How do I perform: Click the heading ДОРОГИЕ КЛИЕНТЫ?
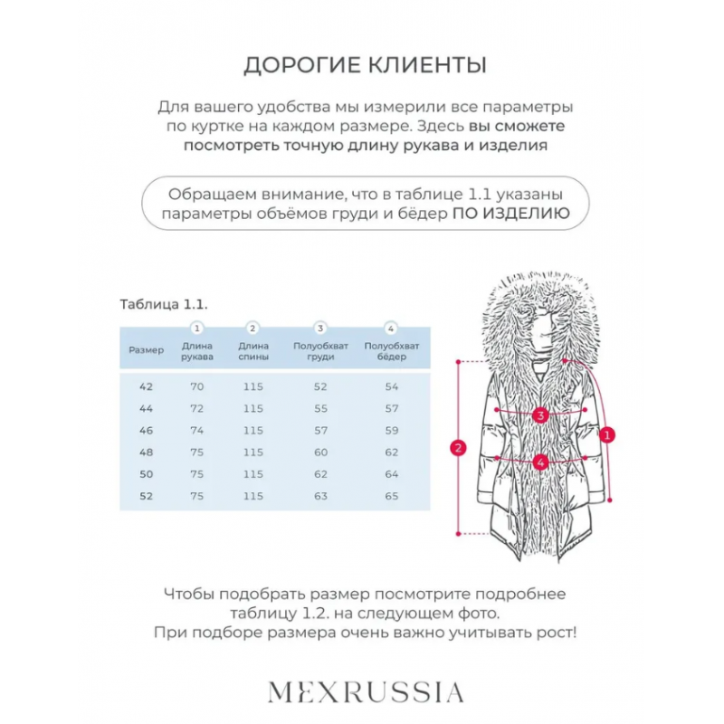[365, 65]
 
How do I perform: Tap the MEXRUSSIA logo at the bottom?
[366, 692]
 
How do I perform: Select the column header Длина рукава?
[197, 351]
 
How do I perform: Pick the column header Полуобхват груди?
[320, 351]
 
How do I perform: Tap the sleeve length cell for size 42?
[197, 386]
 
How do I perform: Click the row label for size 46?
[147, 430]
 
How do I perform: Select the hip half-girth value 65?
[391, 496]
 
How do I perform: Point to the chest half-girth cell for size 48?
[320, 452]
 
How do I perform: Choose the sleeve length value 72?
[197, 408]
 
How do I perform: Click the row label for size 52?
[147, 496]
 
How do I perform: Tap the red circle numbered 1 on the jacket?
[608, 434]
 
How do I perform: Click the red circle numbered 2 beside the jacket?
[459, 447]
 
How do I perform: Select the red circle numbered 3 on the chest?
[540, 415]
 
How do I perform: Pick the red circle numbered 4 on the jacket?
[540, 462]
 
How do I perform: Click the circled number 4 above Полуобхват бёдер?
[391, 329]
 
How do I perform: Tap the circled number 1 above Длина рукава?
[197, 329]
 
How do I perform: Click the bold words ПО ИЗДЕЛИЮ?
[511, 214]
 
